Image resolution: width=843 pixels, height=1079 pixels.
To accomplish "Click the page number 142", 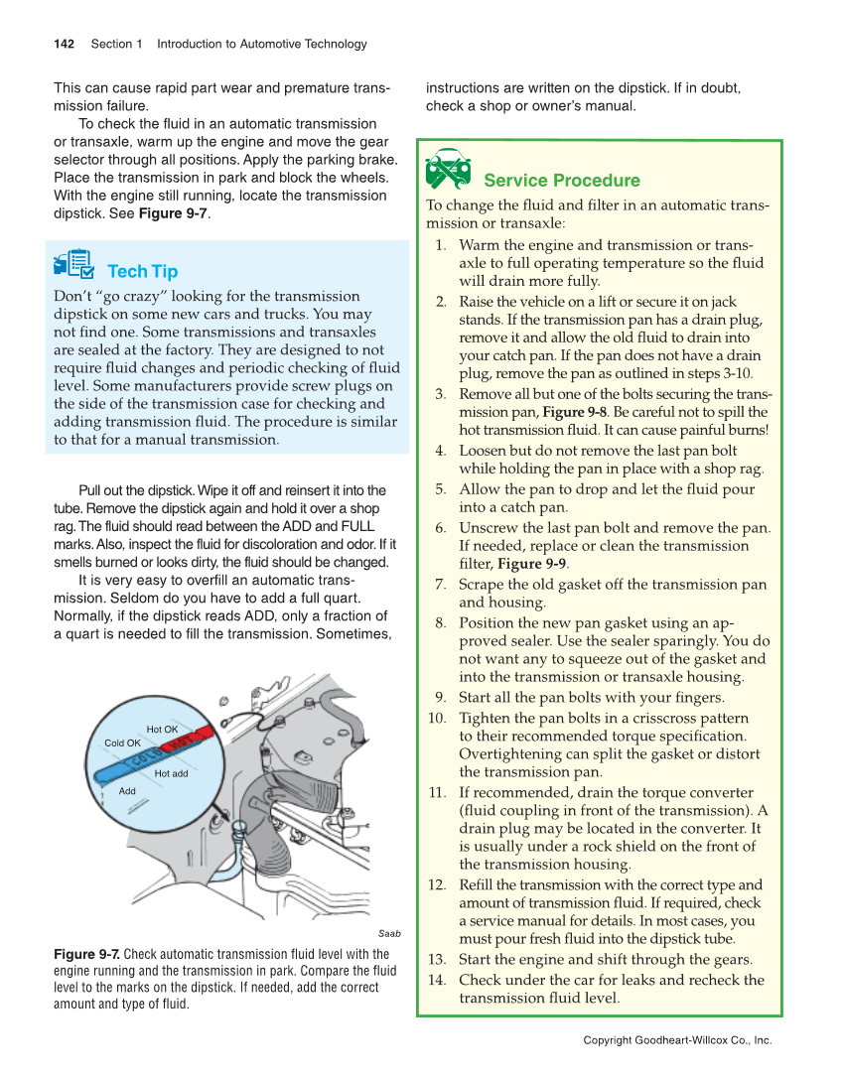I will [65, 44].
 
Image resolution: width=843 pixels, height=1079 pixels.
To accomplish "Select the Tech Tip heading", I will [142, 271].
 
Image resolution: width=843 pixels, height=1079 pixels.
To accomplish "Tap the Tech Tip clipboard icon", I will [75, 265].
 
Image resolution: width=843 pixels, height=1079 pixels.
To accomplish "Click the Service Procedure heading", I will [561, 180].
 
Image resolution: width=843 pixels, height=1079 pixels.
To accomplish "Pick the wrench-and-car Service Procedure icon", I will [447, 171].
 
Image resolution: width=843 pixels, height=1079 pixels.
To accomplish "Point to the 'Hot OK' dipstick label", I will [162, 730].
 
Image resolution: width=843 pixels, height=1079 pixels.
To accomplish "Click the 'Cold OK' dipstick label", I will [122, 742].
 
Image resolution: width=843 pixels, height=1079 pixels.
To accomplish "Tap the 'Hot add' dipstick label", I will [171, 773].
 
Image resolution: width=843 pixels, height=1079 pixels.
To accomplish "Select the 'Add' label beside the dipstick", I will [127, 791].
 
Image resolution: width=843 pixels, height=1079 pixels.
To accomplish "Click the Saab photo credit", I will [389, 933].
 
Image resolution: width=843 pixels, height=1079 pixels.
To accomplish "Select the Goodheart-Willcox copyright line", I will [677, 1040].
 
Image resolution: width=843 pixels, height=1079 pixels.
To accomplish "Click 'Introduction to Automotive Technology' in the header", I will [262, 44].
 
